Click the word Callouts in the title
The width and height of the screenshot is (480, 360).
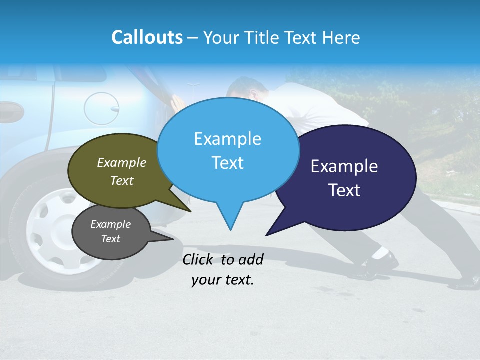(x=147, y=37)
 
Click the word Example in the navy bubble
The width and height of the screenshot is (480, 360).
(x=344, y=166)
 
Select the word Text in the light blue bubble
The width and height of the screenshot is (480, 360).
(x=228, y=163)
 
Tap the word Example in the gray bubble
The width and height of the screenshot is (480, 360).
(x=111, y=224)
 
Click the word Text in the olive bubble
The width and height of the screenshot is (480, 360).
(x=122, y=180)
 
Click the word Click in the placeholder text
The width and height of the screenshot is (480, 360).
(x=199, y=259)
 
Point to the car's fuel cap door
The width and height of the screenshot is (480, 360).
(x=101, y=108)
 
